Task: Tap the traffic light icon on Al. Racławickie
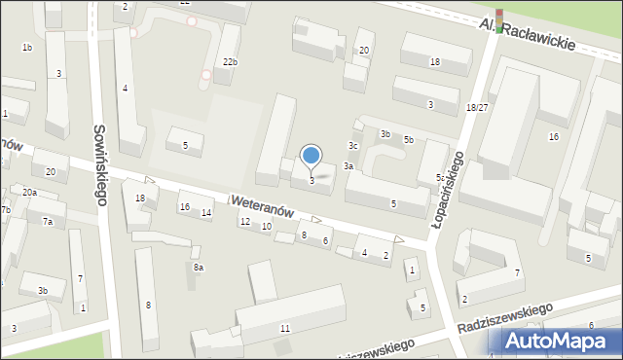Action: pos(499,20)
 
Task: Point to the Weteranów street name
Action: pos(262,205)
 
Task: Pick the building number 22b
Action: pos(230,62)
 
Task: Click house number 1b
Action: pos(27,48)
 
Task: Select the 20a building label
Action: pos(30,193)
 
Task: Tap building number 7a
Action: pos(47,222)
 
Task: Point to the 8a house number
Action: pos(199,267)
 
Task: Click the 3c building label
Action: pos(354,146)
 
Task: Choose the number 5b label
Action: pos(409,140)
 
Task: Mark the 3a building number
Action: pos(348,166)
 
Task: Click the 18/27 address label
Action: pos(477,108)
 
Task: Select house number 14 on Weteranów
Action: pos(206,212)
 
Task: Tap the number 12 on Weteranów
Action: pos(245,222)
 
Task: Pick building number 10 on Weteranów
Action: pos(267,227)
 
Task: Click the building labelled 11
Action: pos(284,329)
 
